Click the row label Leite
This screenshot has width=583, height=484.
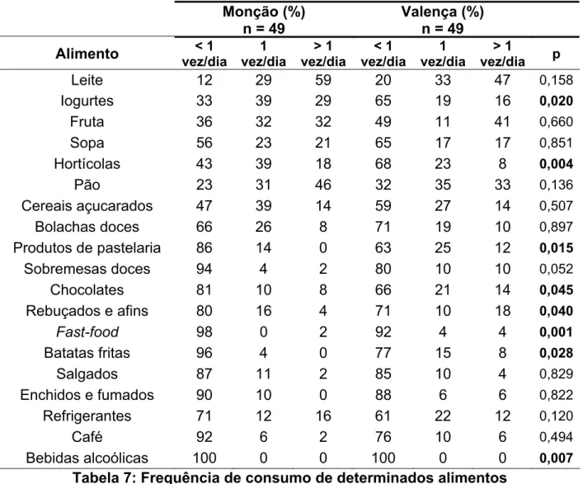coord(87,80)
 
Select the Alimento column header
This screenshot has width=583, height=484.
coord(87,54)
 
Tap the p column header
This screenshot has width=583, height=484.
coord(557,54)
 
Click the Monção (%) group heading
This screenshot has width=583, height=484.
coord(264,12)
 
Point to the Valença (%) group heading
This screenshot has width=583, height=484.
coord(443,12)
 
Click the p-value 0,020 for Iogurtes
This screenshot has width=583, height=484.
coord(557,101)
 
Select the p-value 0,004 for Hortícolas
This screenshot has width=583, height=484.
coord(557,164)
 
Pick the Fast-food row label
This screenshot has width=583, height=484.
coord(87,331)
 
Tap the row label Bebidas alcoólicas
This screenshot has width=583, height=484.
coord(87,458)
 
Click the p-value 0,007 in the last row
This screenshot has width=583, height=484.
coord(557,458)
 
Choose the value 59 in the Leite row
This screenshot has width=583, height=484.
coord(322,80)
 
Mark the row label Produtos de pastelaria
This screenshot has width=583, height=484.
coord(87,248)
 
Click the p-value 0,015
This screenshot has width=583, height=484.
coord(557,248)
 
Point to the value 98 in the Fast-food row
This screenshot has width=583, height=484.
coord(205,331)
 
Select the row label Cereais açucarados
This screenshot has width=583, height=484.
coord(87,206)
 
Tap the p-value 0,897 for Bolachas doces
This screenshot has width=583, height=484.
coord(557,227)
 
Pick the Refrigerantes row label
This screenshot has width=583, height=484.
coord(87,416)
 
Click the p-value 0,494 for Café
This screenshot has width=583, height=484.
coord(557,437)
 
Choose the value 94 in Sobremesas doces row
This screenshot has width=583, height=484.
coord(205,269)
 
